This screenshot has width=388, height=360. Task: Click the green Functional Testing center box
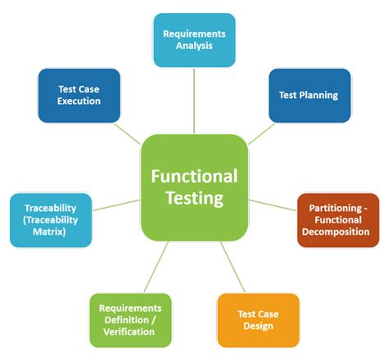pos(194,187)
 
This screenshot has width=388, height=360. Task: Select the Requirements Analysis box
pos(194,40)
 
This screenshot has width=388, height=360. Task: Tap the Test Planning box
pos(309,95)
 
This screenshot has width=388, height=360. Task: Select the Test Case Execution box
pos(79,95)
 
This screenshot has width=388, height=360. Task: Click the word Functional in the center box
pos(194,176)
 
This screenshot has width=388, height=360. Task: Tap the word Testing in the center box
pos(194,199)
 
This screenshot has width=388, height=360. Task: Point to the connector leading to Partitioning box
pos(272,205)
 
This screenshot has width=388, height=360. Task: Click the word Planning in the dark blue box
pos(321,95)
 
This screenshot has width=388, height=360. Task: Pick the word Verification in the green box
pos(132,332)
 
